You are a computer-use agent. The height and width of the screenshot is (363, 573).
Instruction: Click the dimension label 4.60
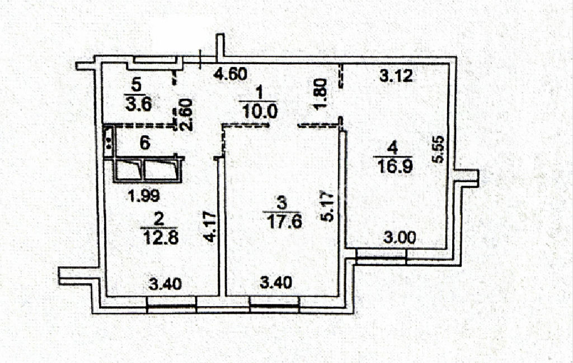(230, 74)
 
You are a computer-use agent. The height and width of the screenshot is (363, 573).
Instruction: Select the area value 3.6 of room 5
(138, 104)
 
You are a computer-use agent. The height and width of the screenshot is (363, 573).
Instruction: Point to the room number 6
(145, 143)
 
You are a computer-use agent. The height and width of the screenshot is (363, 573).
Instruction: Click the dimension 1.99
(144, 196)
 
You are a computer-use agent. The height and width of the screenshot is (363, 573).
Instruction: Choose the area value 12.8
(159, 238)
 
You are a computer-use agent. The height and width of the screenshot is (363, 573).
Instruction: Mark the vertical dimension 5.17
(327, 207)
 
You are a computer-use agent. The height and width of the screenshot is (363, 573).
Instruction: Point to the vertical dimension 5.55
(438, 149)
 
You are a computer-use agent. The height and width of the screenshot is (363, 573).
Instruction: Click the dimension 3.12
(396, 76)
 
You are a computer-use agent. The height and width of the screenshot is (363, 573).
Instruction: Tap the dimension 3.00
(400, 238)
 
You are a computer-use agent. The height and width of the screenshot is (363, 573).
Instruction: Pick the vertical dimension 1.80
(320, 94)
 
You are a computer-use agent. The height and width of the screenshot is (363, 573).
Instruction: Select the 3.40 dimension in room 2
(165, 284)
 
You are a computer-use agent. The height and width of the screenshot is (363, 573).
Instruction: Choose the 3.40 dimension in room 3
(276, 283)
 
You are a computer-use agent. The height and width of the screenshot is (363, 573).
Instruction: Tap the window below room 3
(274, 304)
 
